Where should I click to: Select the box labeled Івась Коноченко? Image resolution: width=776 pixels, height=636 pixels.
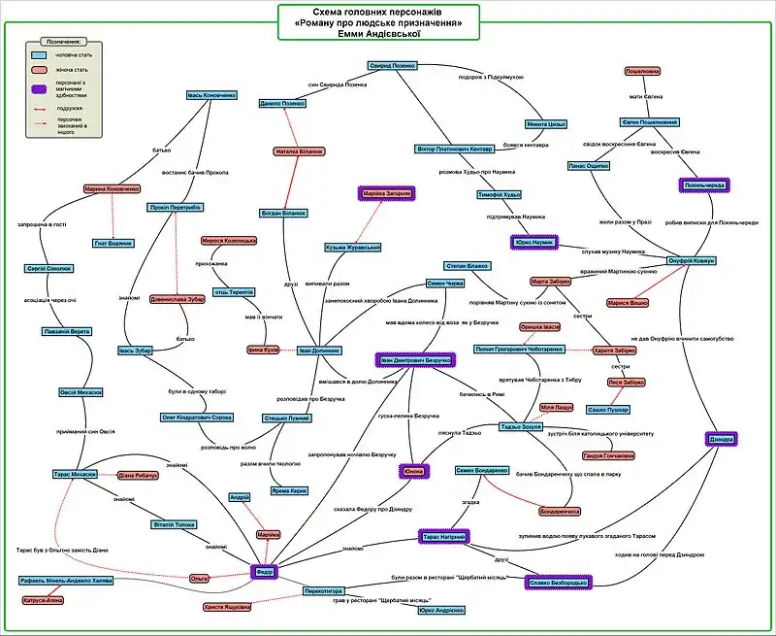pos(211,95)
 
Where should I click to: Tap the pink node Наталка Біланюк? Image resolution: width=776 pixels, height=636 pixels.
pos(299,151)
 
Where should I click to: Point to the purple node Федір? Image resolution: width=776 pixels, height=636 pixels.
pos(265,573)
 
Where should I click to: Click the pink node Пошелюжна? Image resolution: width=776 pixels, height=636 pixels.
pos(642,72)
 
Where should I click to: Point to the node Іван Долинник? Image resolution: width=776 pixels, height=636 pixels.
pos(319,350)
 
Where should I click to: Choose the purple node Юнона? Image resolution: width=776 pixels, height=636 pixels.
pos(413,472)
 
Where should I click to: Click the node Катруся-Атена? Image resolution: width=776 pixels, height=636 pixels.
pos(44,600)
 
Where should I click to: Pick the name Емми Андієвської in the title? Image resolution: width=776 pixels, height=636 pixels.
pos(377,34)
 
